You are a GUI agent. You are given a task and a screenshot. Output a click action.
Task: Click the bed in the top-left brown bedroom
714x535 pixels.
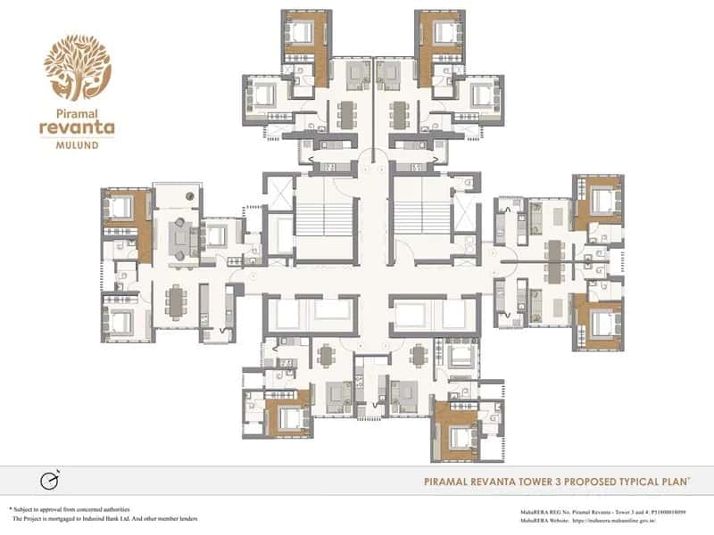[x=301, y=33]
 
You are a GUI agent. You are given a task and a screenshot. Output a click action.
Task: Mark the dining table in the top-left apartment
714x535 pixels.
[x=345, y=113]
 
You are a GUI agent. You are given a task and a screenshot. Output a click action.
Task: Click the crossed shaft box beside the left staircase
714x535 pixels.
[x=279, y=193]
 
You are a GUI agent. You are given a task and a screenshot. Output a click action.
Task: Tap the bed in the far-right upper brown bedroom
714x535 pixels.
[x=600, y=197]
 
